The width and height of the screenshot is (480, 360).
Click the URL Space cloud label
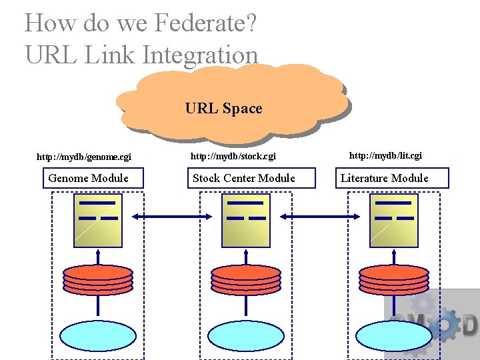tap(223, 108)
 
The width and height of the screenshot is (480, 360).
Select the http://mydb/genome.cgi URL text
tap(83, 157)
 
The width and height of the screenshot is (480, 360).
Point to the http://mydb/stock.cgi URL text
tap(233, 157)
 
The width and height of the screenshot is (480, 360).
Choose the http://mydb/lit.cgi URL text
tap(385, 155)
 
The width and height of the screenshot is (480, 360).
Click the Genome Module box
tap(89, 178)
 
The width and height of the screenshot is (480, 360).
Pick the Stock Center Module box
tap(243, 178)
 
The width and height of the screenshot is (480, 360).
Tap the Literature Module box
tap(385, 178)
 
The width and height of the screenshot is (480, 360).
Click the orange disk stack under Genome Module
tap(98, 279)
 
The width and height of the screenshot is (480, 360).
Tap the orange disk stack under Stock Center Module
tap(246, 279)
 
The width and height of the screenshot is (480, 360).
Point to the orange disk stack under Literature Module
tap(394, 279)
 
